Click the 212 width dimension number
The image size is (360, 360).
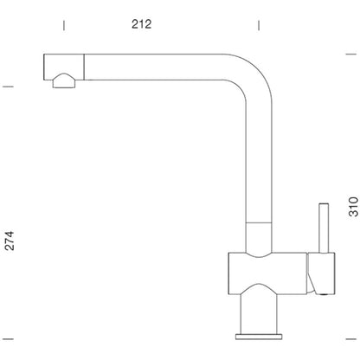tap(141, 24)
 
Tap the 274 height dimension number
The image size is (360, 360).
tap(9, 241)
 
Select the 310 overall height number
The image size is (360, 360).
tap(353, 207)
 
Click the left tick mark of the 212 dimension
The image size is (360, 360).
tap(64, 25)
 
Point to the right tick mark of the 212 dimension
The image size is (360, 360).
tap(259, 25)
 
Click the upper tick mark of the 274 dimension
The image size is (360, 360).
tap(8, 87)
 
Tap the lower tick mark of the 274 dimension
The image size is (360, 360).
tap(8, 339)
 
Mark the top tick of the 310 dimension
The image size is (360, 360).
tap(351, 54)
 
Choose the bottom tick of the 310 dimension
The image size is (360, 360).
tap(351, 339)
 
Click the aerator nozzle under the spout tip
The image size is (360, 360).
tap(64, 80)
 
